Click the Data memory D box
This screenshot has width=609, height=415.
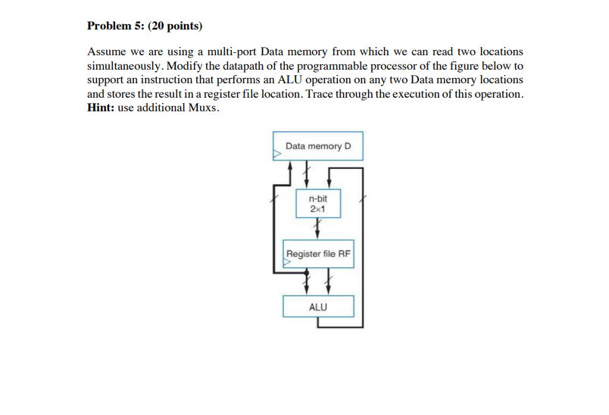tap(318, 145)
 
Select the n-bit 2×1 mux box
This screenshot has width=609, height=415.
tap(318, 202)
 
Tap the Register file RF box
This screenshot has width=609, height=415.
tap(318, 254)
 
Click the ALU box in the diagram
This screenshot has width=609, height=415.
tap(318, 307)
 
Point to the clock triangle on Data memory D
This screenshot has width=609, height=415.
tap(276, 154)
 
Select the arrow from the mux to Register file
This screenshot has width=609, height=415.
tap(318, 227)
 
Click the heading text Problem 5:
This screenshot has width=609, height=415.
tap(115, 26)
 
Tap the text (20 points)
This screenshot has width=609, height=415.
tap(175, 26)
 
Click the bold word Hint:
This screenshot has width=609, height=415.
tap(101, 107)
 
